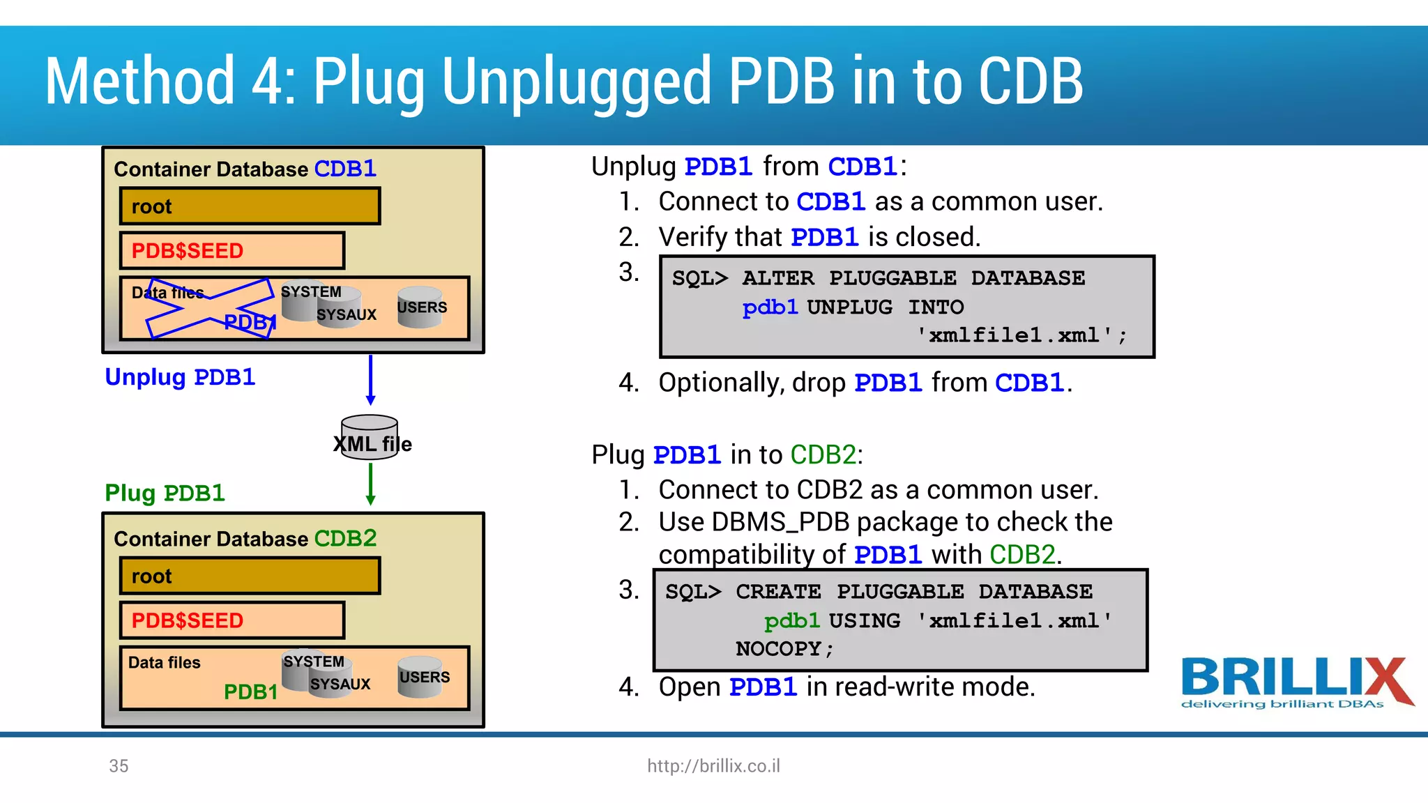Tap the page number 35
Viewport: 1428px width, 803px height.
coord(119,766)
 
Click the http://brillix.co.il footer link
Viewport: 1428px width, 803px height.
coord(713,766)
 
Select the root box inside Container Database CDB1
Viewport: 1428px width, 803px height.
coord(250,206)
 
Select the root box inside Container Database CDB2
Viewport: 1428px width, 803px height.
coord(250,576)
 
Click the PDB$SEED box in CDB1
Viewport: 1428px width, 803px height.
coord(232,250)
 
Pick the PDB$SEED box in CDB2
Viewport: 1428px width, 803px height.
coord(232,620)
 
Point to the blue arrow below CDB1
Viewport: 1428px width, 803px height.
coord(370,380)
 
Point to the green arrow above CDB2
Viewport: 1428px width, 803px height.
coord(370,484)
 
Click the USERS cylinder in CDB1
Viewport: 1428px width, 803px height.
coord(420,307)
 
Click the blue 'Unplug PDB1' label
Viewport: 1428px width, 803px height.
coord(180,377)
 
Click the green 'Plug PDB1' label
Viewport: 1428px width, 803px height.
coord(165,493)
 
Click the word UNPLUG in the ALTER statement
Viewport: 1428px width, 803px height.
coord(849,307)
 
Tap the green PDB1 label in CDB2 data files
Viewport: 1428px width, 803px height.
coord(250,691)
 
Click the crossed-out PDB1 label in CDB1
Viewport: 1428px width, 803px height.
coord(249,322)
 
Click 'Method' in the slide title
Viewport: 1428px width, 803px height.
coord(139,82)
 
